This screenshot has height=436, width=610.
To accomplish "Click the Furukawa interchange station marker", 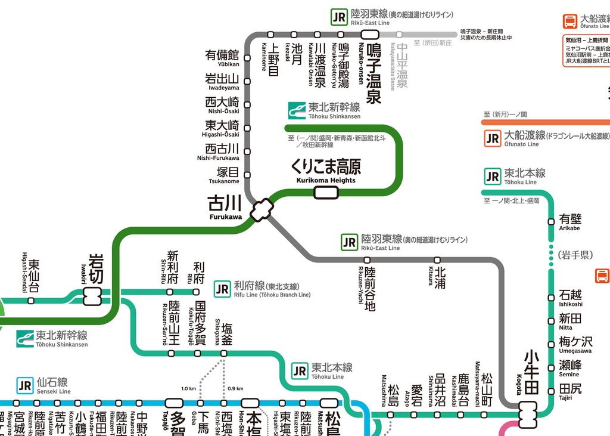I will click(262, 210).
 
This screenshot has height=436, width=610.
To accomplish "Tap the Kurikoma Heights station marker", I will click(326, 192).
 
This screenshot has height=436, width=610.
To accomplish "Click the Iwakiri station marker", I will click(93, 296).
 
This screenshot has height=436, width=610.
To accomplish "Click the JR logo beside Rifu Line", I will click(222, 289).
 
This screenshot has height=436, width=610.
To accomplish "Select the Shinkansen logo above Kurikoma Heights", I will click(296, 110).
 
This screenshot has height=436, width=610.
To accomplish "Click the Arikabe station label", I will click(570, 222).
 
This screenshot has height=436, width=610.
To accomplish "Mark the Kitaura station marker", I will click(437, 260).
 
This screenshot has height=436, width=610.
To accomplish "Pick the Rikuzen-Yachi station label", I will click(368, 289).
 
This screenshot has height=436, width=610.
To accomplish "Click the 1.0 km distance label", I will click(188, 389).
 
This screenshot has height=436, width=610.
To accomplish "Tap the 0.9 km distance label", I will click(235, 389).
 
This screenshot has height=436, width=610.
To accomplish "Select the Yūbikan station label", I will click(222, 58).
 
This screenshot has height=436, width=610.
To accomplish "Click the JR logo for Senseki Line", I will click(24, 385).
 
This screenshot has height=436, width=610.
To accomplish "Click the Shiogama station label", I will click(224, 333).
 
